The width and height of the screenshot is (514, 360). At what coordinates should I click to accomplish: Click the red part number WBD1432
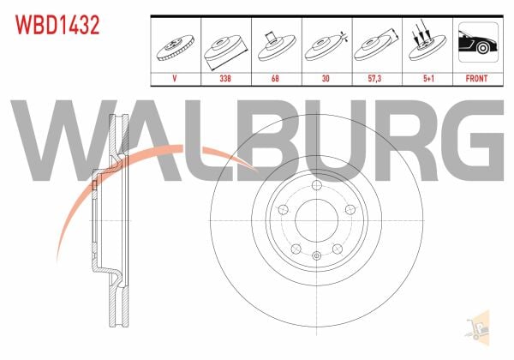point(57,25)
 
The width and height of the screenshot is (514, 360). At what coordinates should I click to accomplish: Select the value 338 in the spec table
point(225,79)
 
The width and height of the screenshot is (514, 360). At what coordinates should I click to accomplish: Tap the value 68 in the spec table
point(275,79)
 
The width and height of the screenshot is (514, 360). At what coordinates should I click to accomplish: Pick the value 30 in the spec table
point(326,79)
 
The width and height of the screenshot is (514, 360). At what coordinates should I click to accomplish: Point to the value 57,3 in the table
point(374,79)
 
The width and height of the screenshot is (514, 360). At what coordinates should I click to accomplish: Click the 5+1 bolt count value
point(428,79)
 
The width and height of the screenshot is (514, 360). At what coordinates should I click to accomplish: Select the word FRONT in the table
point(476,79)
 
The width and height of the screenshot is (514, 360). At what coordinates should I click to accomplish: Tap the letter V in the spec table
point(175,79)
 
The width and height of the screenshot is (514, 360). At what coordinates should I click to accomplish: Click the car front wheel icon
point(478,42)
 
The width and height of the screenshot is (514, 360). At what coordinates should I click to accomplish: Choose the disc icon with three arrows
point(427,43)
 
